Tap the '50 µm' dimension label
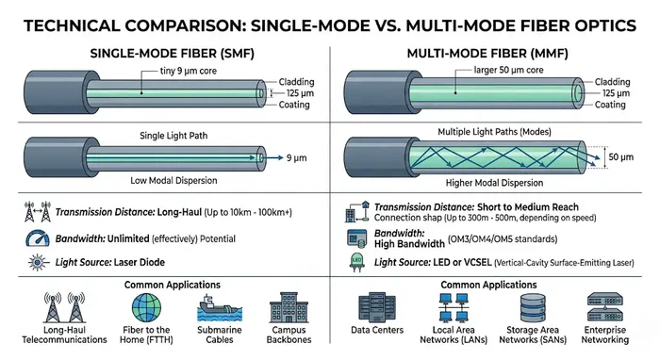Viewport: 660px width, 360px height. coord(620,155)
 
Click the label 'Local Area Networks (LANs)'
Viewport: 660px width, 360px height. coord(459,337)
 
